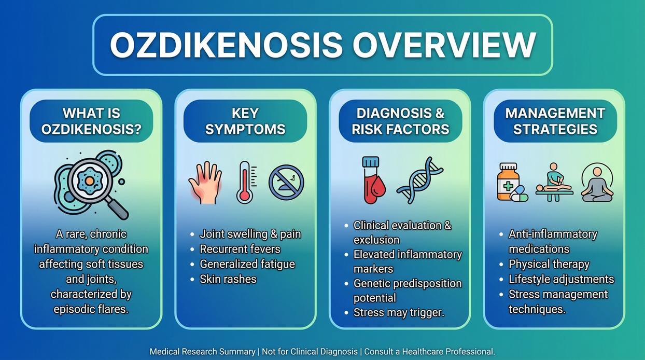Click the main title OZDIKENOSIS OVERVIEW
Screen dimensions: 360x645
pyautogui.click(x=322, y=45)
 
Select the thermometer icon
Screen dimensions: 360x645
pyautogui.click(x=245, y=182)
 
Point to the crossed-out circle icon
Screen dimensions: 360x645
pyautogui.click(x=286, y=182)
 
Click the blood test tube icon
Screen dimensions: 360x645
pyautogui.click(x=371, y=180)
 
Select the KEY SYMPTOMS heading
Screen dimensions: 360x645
pyautogui.click(x=245, y=121)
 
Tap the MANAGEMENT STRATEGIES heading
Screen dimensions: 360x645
pyautogui.click(x=555, y=121)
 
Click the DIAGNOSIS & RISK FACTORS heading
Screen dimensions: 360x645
pyautogui.click(x=400, y=121)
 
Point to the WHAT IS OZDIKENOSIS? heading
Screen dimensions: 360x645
pyautogui.click(x=91, y=121)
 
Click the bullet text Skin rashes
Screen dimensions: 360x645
pyautogui.click(x=228, y=279)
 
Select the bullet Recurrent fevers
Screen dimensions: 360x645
pyautogui.click(x=240, y=249)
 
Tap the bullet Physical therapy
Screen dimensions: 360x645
pyautogui.click(x=549, y=264)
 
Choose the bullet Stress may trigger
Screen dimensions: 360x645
pyautogui.click(x=399, y=313)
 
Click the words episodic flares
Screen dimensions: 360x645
pyautogui.click(x=91, y=309)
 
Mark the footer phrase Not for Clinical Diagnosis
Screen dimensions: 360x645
pyautogui.click(x=310, y=352)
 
